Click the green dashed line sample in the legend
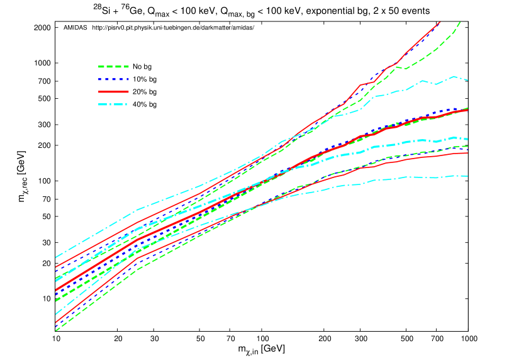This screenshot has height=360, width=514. pyautogui.click(x=113, y=66)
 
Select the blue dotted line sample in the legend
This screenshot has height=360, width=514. pyautogui.click(x=113, y=79)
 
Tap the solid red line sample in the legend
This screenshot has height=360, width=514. pyautogui.click(x=113, y=92)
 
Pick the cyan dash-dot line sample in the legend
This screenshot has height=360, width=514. pyautogui.click(x=113, y=104)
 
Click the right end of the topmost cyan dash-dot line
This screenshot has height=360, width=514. pyautogui.click(x=467, y=80)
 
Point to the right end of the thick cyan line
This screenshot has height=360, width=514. pyautogui.click(x=467, y=139)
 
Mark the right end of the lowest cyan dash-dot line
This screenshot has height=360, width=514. pyautogui.click(x=467, y=176)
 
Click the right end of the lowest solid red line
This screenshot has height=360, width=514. pyautogui.click(x=467, y=153)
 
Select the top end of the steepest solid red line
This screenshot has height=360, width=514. pyautogui.click(x=440, y=21)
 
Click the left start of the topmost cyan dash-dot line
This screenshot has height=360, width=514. pyautogui.click(x=55, y=257)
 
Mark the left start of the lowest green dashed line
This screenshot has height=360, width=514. pyautogui.click(x=55, y=330)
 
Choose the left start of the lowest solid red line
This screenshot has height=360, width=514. pyautogui.click(x=55, y=322)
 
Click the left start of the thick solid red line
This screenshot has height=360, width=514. pyautogui.click(x=55, y=290)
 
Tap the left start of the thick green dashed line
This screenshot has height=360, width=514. pyautogui.click(x=55, y=300)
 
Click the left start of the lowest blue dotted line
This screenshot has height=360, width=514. pyautogui.click(x=55, y=327)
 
